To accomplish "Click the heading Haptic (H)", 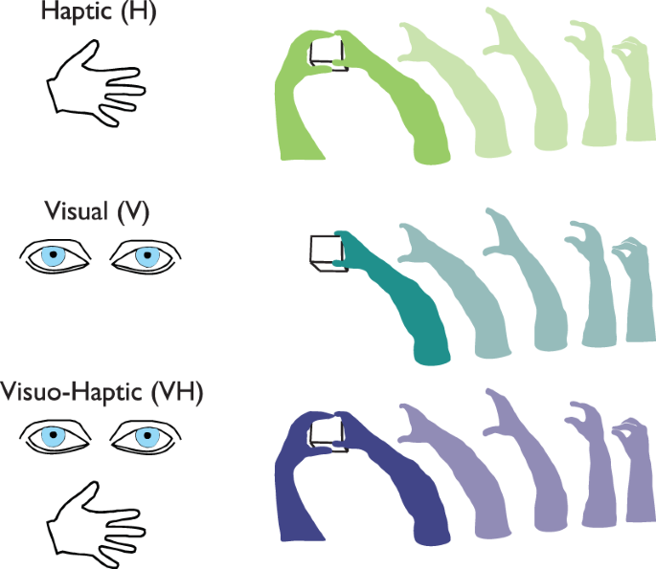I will (94, 13).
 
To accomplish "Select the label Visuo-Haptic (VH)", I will (102, 393).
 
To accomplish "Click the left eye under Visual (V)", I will (56, 257).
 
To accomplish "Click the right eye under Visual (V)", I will (145, 257).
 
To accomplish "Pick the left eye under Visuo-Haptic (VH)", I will (56, 437).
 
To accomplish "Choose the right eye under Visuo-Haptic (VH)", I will (145, 437).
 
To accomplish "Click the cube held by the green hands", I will (326, 52).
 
